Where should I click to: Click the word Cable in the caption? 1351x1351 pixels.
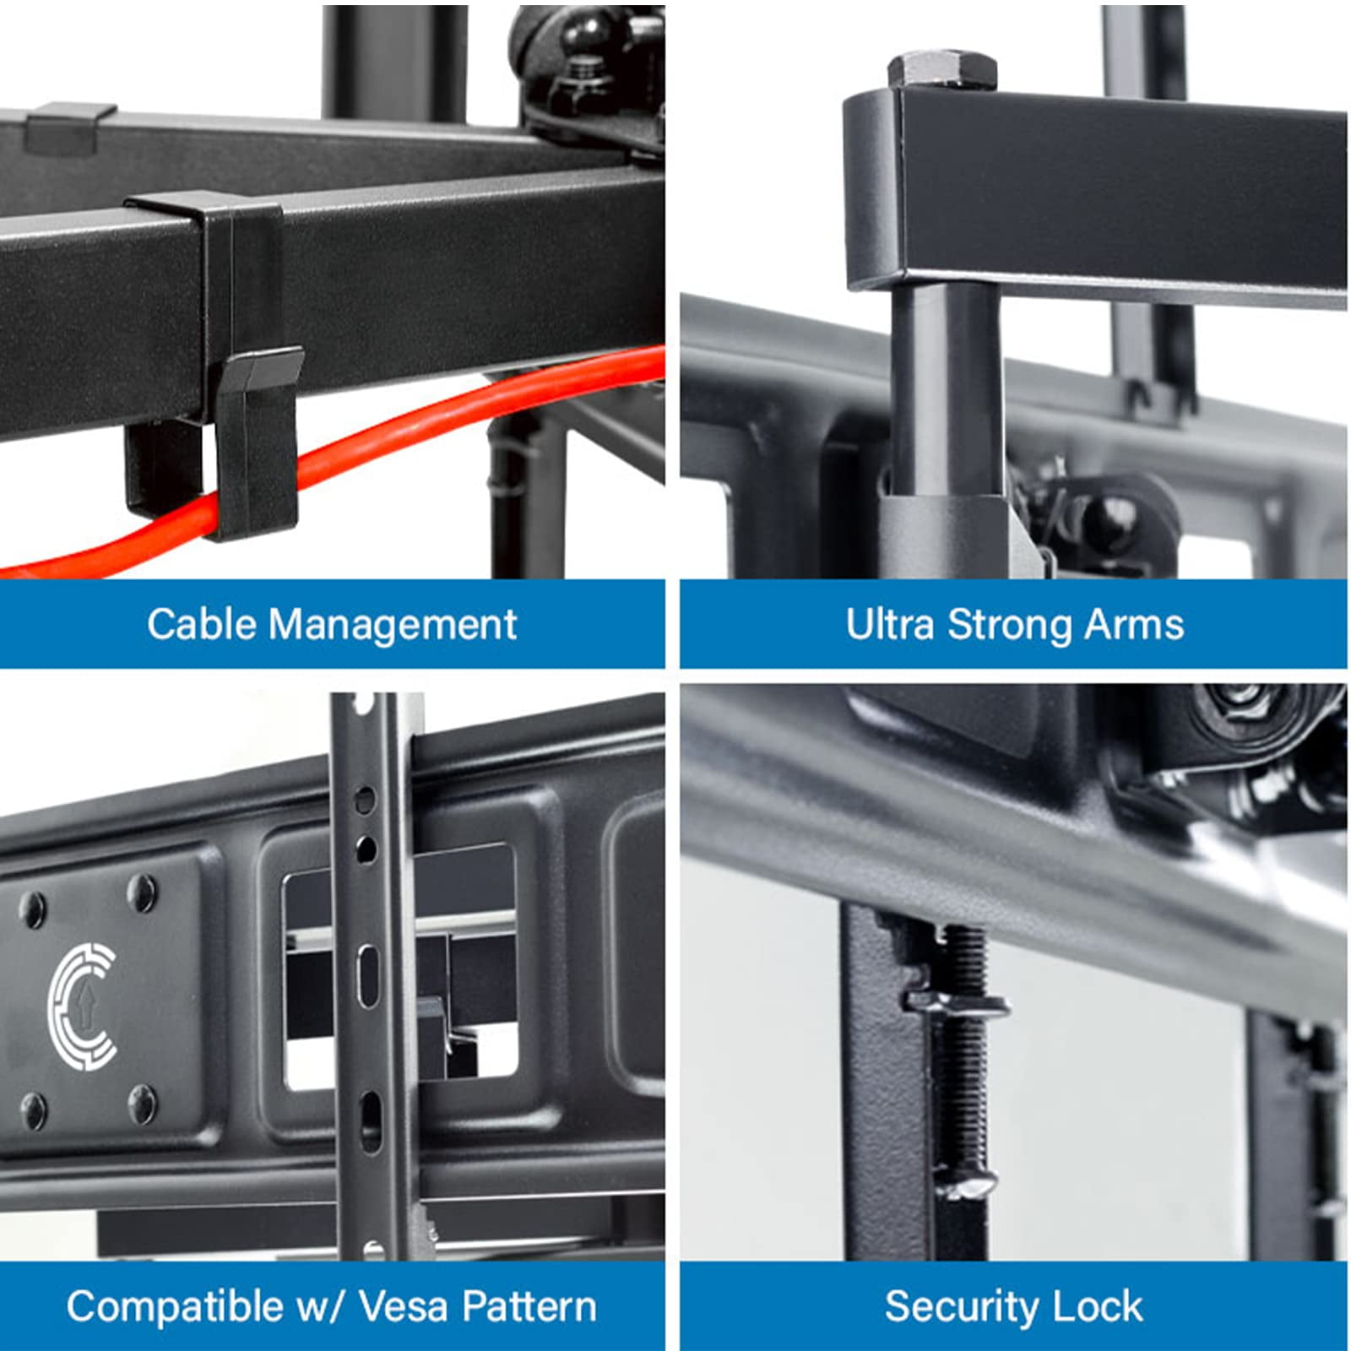pyautogui.click(x=201, y=625)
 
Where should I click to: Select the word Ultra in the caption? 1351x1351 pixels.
pyautogui.click(x=890, y=625)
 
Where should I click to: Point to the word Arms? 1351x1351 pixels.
pyautogui.click(x=1134, y=625)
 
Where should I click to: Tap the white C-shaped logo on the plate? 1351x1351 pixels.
pyautogui.click(x=83, y=1006)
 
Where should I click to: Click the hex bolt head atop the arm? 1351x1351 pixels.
pyautogui.click(x=942, y=70)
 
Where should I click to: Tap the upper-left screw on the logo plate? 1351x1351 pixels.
pyautogui.click(x=33, y=909)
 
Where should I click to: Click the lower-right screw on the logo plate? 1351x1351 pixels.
pyautogui.click(x=142, y=1104)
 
